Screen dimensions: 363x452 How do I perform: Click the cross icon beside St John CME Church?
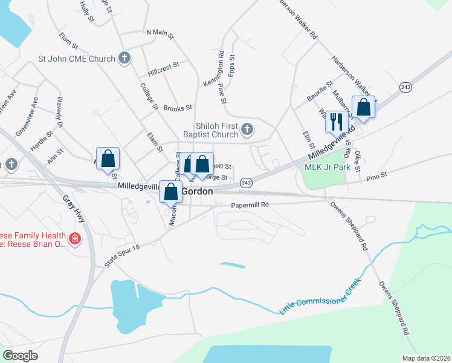tap(124, 59)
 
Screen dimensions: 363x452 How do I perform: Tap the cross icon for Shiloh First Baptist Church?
tap(247, 129)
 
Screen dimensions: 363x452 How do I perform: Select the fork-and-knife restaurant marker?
tap(335, 121)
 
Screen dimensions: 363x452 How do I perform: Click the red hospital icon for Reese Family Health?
tap(75, 240)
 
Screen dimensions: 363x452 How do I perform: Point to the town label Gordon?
tap(197, 191)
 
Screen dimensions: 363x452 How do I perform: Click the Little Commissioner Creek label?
tap(320, 296)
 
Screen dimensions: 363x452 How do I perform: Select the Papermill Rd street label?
tap(250, 205)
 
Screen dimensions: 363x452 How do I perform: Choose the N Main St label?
tap(160, 34)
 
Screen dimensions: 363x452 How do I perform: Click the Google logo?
tap(20, 355)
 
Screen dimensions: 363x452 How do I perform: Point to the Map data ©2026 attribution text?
tap(426, 358)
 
